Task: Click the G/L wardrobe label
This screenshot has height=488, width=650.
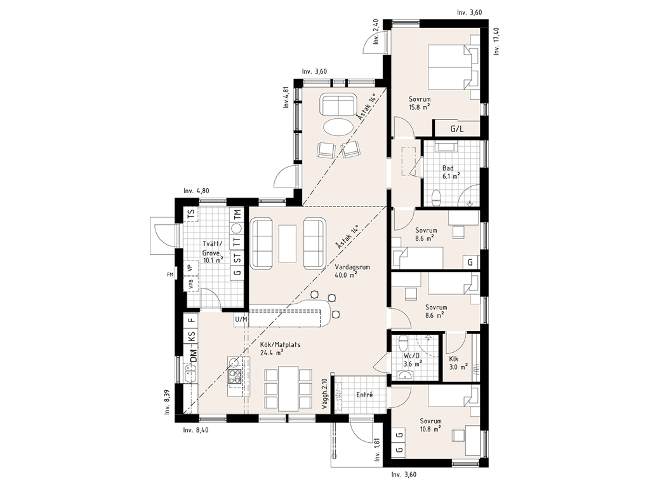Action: (x=457, y=129)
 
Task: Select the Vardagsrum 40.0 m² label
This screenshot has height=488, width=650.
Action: (x=352, y=271)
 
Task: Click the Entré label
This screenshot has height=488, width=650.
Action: (x=365, y=395)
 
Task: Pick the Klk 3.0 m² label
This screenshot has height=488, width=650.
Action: (x=458, y=363)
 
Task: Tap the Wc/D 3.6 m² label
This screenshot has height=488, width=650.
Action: (x=413, y=360)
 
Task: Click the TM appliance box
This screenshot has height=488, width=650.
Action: (x=237, y=215)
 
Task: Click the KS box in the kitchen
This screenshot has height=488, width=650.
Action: (x=191, y=337)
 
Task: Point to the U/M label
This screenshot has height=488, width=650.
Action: (x=241, y=320)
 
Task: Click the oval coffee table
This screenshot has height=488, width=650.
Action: (x=338, y=126)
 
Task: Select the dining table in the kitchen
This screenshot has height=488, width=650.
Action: (x=289, y=388)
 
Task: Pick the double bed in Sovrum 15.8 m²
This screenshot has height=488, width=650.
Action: (x=449, y=67)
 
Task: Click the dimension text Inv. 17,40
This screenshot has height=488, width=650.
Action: (x=497, y=41)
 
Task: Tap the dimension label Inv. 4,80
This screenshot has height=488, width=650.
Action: (x=197, y=191)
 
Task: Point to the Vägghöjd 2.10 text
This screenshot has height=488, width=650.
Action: (x=324, y=395)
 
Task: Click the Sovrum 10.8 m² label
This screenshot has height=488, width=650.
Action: (x=430, y=424)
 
